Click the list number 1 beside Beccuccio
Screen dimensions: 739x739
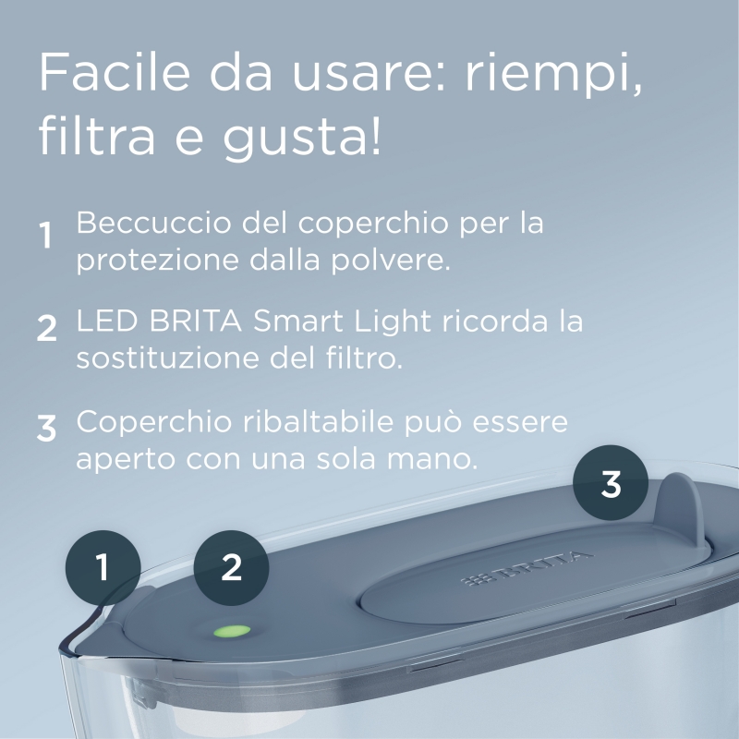click(x=45, y=237)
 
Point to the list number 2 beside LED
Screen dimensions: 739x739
click(x=47, y=328)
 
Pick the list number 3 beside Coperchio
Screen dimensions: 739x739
click(x=47, y=428)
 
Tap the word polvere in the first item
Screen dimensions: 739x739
click(x=398, y=260)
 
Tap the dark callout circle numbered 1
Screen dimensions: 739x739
click(x=102, y=566)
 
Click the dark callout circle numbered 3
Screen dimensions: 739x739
click(x=611, y=483)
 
